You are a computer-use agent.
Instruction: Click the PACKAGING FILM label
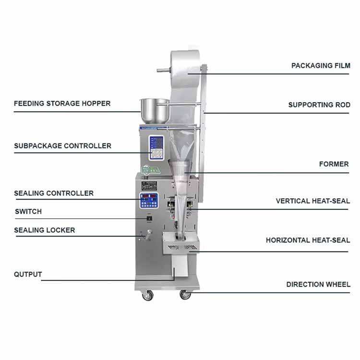(321, 65)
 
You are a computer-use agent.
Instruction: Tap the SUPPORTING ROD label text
(319, 105)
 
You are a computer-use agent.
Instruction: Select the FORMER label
(334, 164)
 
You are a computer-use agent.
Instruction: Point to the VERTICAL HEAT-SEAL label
(312, 201)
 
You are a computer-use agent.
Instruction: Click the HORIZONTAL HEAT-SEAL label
(308, 240)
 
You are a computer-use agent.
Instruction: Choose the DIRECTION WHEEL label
(318, 284)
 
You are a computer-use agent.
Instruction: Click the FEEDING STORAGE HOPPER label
(62, 103)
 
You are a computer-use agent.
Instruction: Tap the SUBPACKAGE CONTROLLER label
(62, 145)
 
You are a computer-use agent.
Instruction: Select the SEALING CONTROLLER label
(54, 193)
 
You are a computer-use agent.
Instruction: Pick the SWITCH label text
(28, 211)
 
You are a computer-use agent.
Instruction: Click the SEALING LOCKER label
(44, 230)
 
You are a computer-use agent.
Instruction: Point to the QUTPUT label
(28, 275)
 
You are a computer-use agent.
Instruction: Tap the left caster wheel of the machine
(146, 296)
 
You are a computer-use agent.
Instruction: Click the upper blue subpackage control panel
(156, 147)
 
